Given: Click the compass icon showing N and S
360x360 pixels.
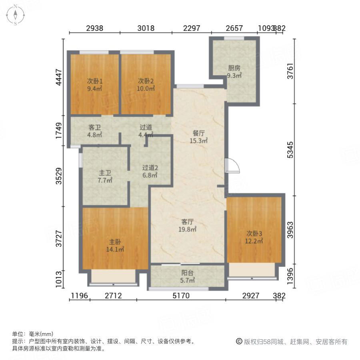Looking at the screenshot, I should pyautogui.click(x=15, y=15).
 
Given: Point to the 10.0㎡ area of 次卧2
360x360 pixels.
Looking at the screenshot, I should pyautogui.click(x=146, y=88).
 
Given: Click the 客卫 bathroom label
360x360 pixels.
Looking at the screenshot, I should pyautogui.click(x=94, y=128).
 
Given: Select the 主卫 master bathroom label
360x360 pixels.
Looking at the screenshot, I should pyautogui.click(x=105, y=173).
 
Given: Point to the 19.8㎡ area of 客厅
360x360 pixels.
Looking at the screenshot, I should pyautogui.click(x=188, y=229).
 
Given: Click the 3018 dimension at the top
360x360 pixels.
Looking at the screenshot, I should pyautogui.click(x=146, y=28).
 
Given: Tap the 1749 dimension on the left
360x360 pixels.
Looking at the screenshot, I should pyautogui.click(x=58, y=131).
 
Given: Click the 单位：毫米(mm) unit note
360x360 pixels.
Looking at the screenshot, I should pyautogui.click(x=33, y=334).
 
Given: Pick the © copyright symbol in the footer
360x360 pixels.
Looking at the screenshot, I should pyautogui.click(x=239, y=342).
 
